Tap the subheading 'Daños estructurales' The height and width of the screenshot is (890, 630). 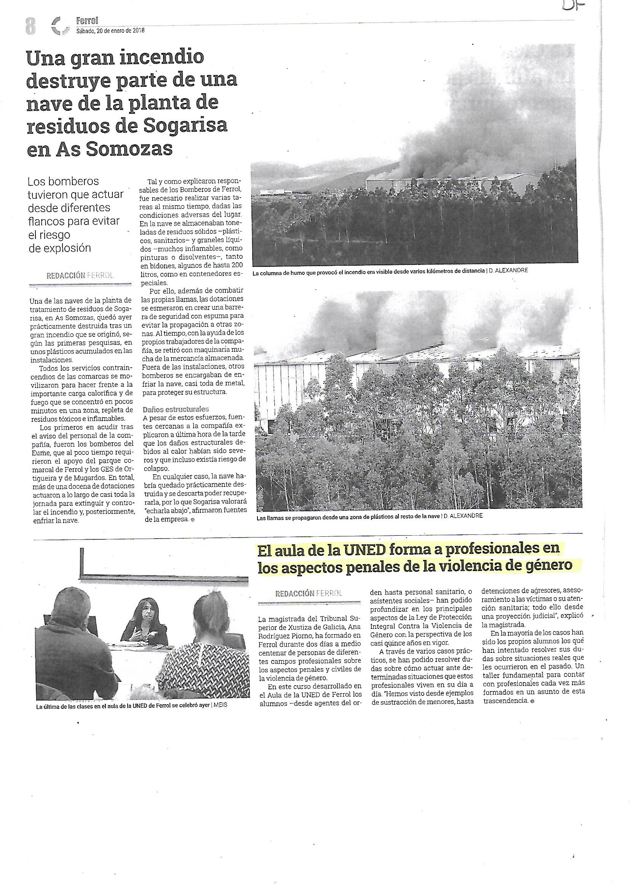(176, 409)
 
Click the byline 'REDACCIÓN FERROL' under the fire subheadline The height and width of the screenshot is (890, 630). (80, 276)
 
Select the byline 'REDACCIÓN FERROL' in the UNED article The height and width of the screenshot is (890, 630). (309, 593)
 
